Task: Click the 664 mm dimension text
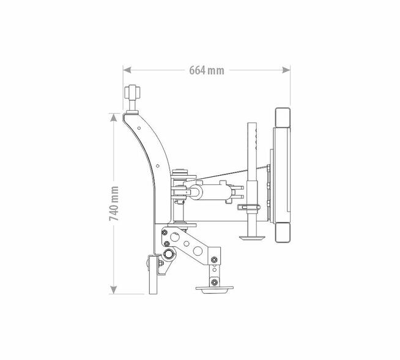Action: (x=207, y=70)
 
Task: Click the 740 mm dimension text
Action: (x=114, y=203)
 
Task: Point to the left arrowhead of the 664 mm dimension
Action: (x=127, y=70)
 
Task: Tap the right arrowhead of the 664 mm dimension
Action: (x=286, y=70)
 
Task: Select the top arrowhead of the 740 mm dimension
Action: (x=114, y=118)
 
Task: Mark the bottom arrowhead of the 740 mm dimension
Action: (x=114, y=290)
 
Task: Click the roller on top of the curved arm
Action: (x=132, y=92)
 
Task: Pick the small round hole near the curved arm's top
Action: (x=139, y=128)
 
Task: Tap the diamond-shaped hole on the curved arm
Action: (x=157, y=166)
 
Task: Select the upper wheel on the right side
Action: (x=283, y=117)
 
